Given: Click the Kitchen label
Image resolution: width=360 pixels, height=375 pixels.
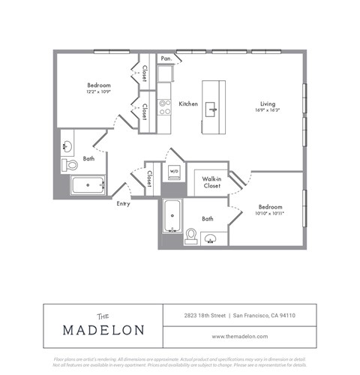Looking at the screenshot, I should point(188,103).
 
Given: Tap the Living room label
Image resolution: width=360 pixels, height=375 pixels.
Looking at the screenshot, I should point(268,103).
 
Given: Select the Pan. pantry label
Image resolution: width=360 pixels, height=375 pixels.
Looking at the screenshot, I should point(166,58).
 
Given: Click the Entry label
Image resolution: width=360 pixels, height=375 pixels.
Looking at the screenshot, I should point(123,203).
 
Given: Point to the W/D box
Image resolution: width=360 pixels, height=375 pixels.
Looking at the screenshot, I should point(174,170).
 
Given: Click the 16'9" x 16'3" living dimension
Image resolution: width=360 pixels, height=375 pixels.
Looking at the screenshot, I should point(268,110).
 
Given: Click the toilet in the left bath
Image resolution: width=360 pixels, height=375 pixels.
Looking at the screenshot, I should point(68,164).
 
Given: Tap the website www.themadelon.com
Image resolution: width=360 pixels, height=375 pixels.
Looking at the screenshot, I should point(240,336).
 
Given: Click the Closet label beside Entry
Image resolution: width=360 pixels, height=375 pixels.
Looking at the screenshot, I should point(150,178).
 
